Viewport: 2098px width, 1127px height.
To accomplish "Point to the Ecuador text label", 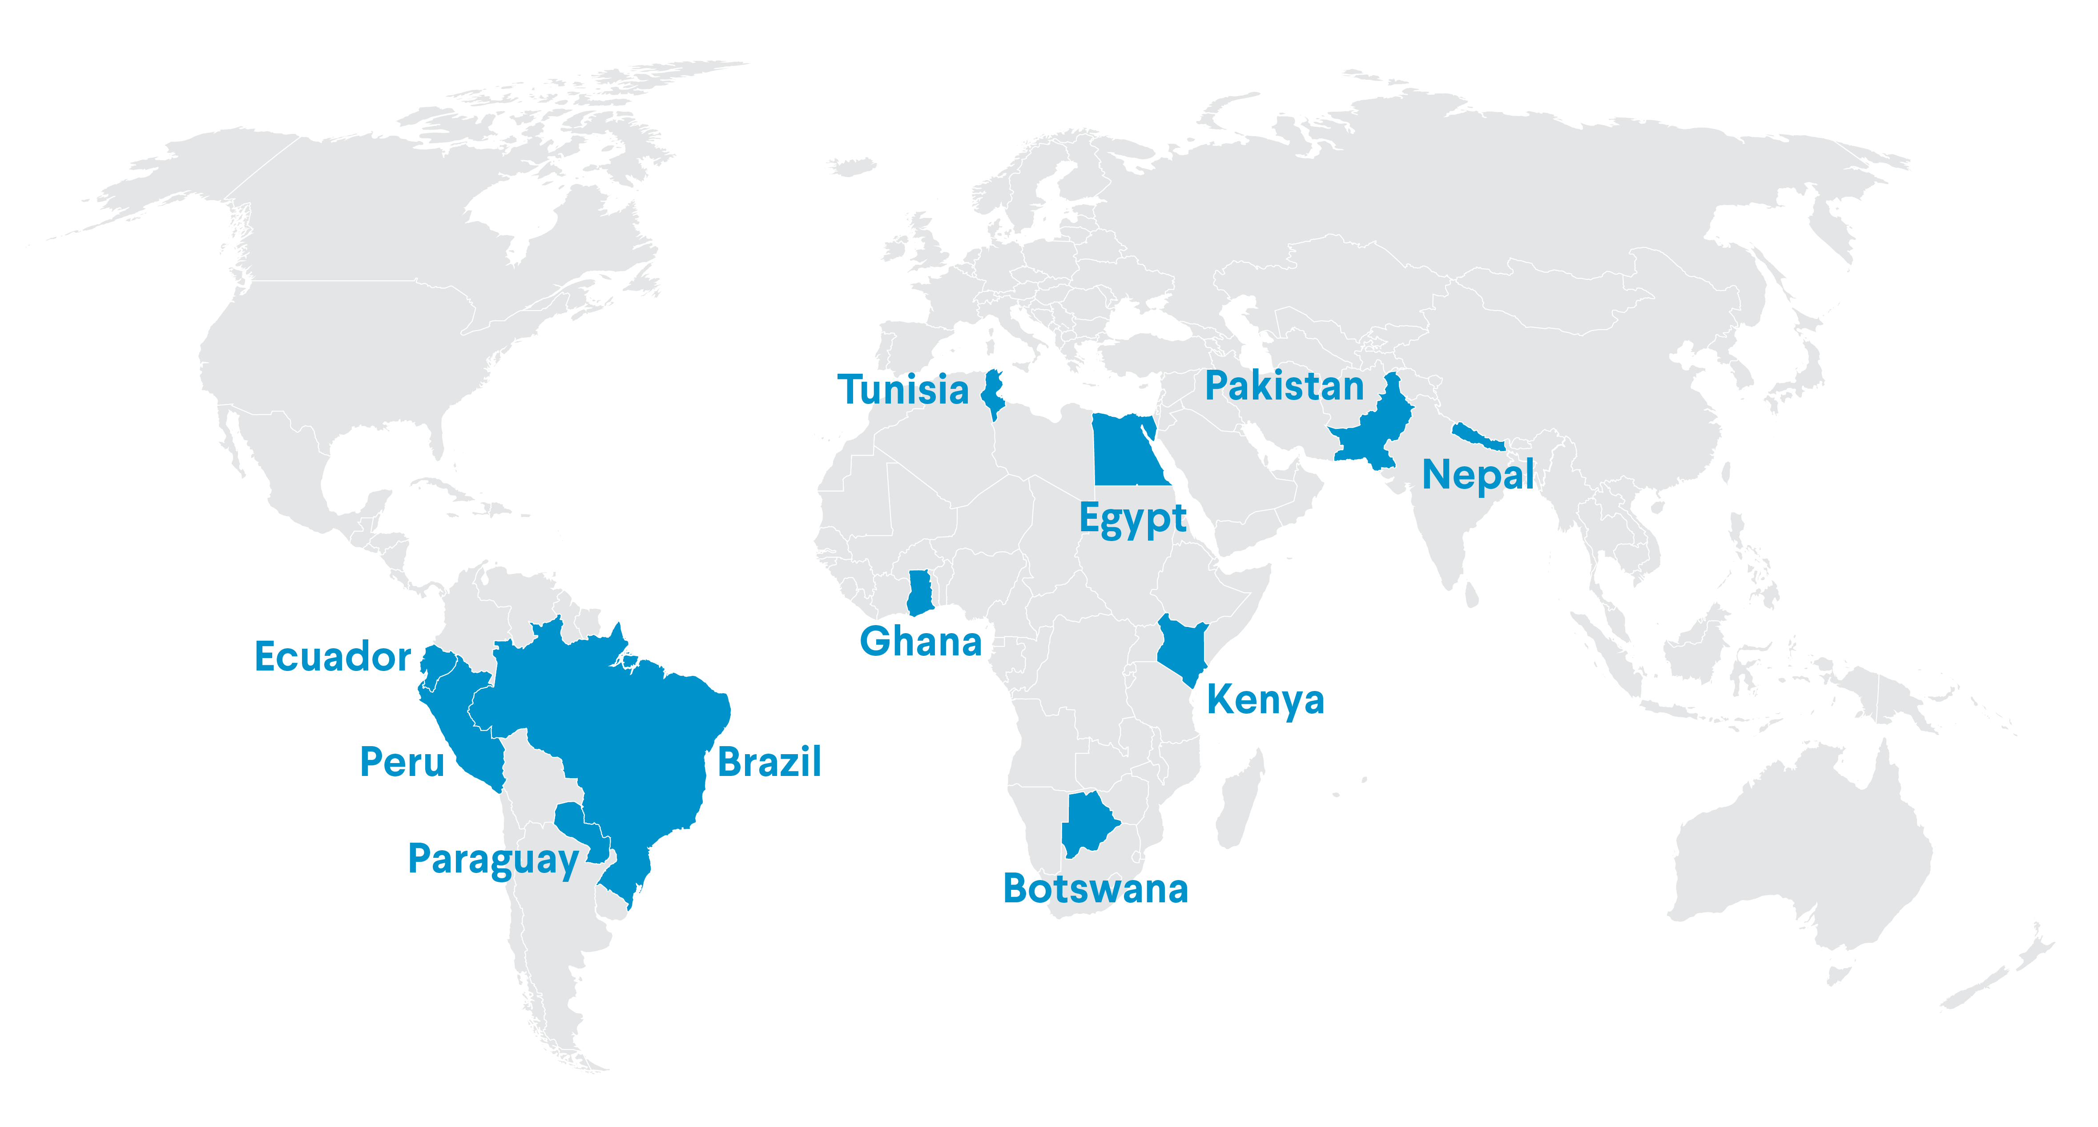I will click(332, 657).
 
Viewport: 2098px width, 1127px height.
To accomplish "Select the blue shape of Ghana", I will click(919, 593).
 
